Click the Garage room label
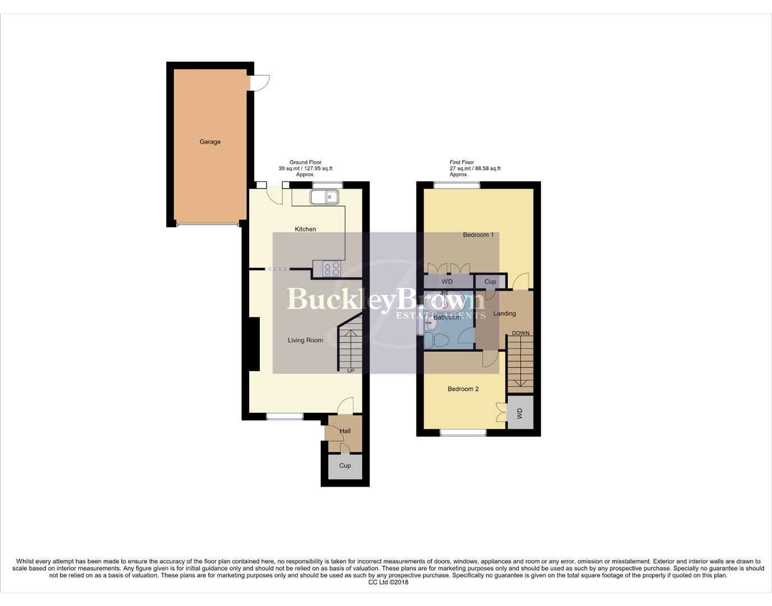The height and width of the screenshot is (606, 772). click(210, 142)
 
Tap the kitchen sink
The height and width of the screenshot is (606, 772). click(324, 196)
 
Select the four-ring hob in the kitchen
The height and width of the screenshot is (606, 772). click(332, 269)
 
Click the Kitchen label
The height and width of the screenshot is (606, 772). click(305, 229)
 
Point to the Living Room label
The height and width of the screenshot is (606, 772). click(305, 340)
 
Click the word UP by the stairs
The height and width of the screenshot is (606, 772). click(351, 371)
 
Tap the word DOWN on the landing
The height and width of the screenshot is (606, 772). click(520, 333)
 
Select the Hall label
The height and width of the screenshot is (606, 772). click(345, 431)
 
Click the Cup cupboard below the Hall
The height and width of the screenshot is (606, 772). click(345, 466)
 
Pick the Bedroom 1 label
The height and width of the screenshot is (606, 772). click(478, 235)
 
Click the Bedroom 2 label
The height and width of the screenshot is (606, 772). click(463, 389)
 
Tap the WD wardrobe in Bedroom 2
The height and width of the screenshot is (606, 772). click(520, 414)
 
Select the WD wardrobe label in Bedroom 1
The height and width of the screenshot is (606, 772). click(447, 282)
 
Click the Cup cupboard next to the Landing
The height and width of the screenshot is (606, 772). click(490, 282)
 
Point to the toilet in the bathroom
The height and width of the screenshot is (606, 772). click(438, 340)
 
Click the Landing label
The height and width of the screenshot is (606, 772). click(504, 314)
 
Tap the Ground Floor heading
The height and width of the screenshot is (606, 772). click(305, 162)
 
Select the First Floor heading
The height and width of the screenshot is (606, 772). click(462, 162)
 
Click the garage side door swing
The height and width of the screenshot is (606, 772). click(259, 83)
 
